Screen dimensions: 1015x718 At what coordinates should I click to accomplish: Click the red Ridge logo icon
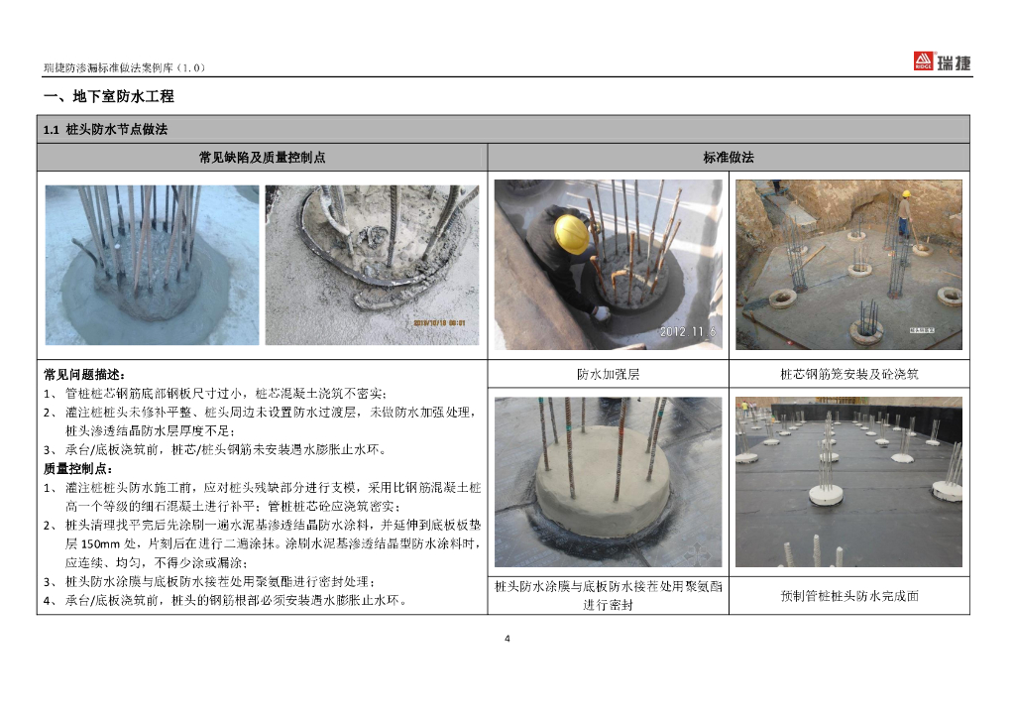click(x=923, y=60)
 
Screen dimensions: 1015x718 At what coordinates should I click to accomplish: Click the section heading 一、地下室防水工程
click(x=109, y=96)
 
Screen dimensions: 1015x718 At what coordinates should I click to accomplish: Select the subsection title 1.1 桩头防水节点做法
click(x=105, y=130)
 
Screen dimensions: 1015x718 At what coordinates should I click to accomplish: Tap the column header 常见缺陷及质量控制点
click(x=262, y=158)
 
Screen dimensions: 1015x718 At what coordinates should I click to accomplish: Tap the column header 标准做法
click(x=729, y=158)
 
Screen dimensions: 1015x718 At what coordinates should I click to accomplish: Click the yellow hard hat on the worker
click(x=571, y=233)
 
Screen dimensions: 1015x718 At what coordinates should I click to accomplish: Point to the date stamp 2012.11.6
click(x=688, y=331)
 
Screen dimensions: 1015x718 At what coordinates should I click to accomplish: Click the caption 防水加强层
click(x=608, y=374)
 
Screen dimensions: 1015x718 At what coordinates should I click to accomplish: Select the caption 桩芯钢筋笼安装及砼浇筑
click(x=849, y=374)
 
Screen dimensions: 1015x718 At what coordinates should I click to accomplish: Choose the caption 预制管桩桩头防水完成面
click(x=849, y=596)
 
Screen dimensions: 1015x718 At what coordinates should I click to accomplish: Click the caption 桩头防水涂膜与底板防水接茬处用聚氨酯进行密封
click(x=608, y=596)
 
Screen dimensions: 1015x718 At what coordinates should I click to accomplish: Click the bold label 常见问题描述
click(x=84, y=374)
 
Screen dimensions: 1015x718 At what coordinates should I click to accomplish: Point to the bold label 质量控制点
click(x=77, y=468)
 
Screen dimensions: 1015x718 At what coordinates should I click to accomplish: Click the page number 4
click(x=507, y=639)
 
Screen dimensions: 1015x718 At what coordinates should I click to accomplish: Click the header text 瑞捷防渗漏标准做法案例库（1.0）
click(x=124, y=67)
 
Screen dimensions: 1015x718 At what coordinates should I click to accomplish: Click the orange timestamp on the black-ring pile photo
click(x=439, y=322)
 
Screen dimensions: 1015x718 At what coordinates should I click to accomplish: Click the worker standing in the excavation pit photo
click(x=904, y=213)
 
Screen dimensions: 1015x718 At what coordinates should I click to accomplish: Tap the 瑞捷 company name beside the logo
click(x=955, y=62)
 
